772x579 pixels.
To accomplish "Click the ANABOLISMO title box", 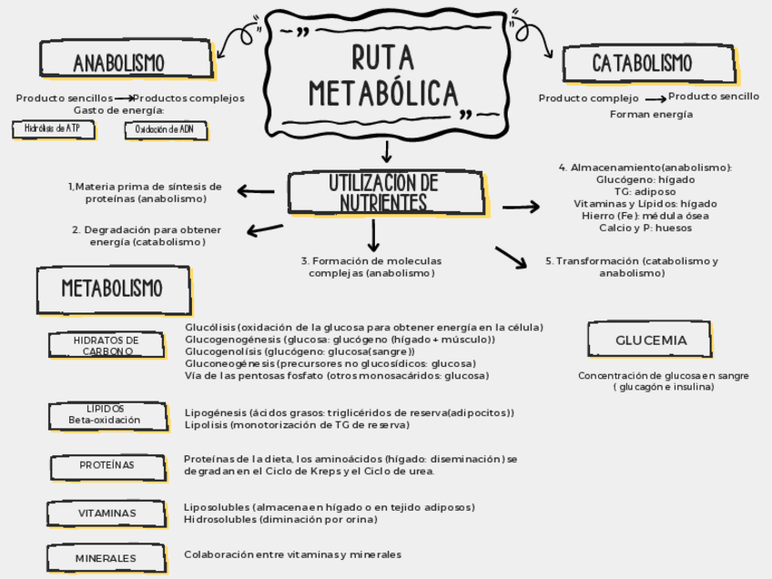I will point(118,63).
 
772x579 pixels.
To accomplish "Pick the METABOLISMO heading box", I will point(112,289).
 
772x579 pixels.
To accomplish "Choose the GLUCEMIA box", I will point(651,340).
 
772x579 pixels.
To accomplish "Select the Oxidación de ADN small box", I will point(164,130).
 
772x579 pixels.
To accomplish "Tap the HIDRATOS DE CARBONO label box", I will point(107,345).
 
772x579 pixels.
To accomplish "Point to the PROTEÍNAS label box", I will point(107,465).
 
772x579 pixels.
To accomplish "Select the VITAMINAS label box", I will point(107,513).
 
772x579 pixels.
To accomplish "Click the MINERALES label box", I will point(106,558).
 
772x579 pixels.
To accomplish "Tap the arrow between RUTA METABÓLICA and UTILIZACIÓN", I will point(387,151).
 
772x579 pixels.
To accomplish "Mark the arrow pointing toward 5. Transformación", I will point(511,257).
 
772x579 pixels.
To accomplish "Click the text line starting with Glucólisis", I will point(363,327).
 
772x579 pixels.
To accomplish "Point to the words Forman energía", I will point(651,115).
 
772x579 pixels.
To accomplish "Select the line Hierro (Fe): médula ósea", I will point(645,216).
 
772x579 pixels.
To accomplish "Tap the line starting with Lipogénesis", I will point(349,412).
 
